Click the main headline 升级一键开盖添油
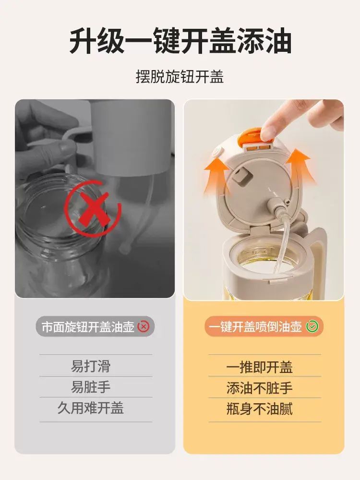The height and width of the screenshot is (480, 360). point(180,41)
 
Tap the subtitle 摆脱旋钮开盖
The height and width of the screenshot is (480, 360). point(180,76)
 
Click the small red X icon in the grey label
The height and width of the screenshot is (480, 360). point(144,326)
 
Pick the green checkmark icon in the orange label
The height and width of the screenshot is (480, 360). point(312,326)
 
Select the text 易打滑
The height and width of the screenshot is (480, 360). point(91,366)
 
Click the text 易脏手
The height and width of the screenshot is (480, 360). point(91,387)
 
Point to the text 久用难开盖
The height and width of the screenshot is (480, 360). point(91,408)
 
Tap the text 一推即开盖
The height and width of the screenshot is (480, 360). point(260,367)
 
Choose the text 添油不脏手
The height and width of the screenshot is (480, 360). point(260,388)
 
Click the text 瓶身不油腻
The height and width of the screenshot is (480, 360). point(260,409)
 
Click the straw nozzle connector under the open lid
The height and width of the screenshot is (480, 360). point(276,206)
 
